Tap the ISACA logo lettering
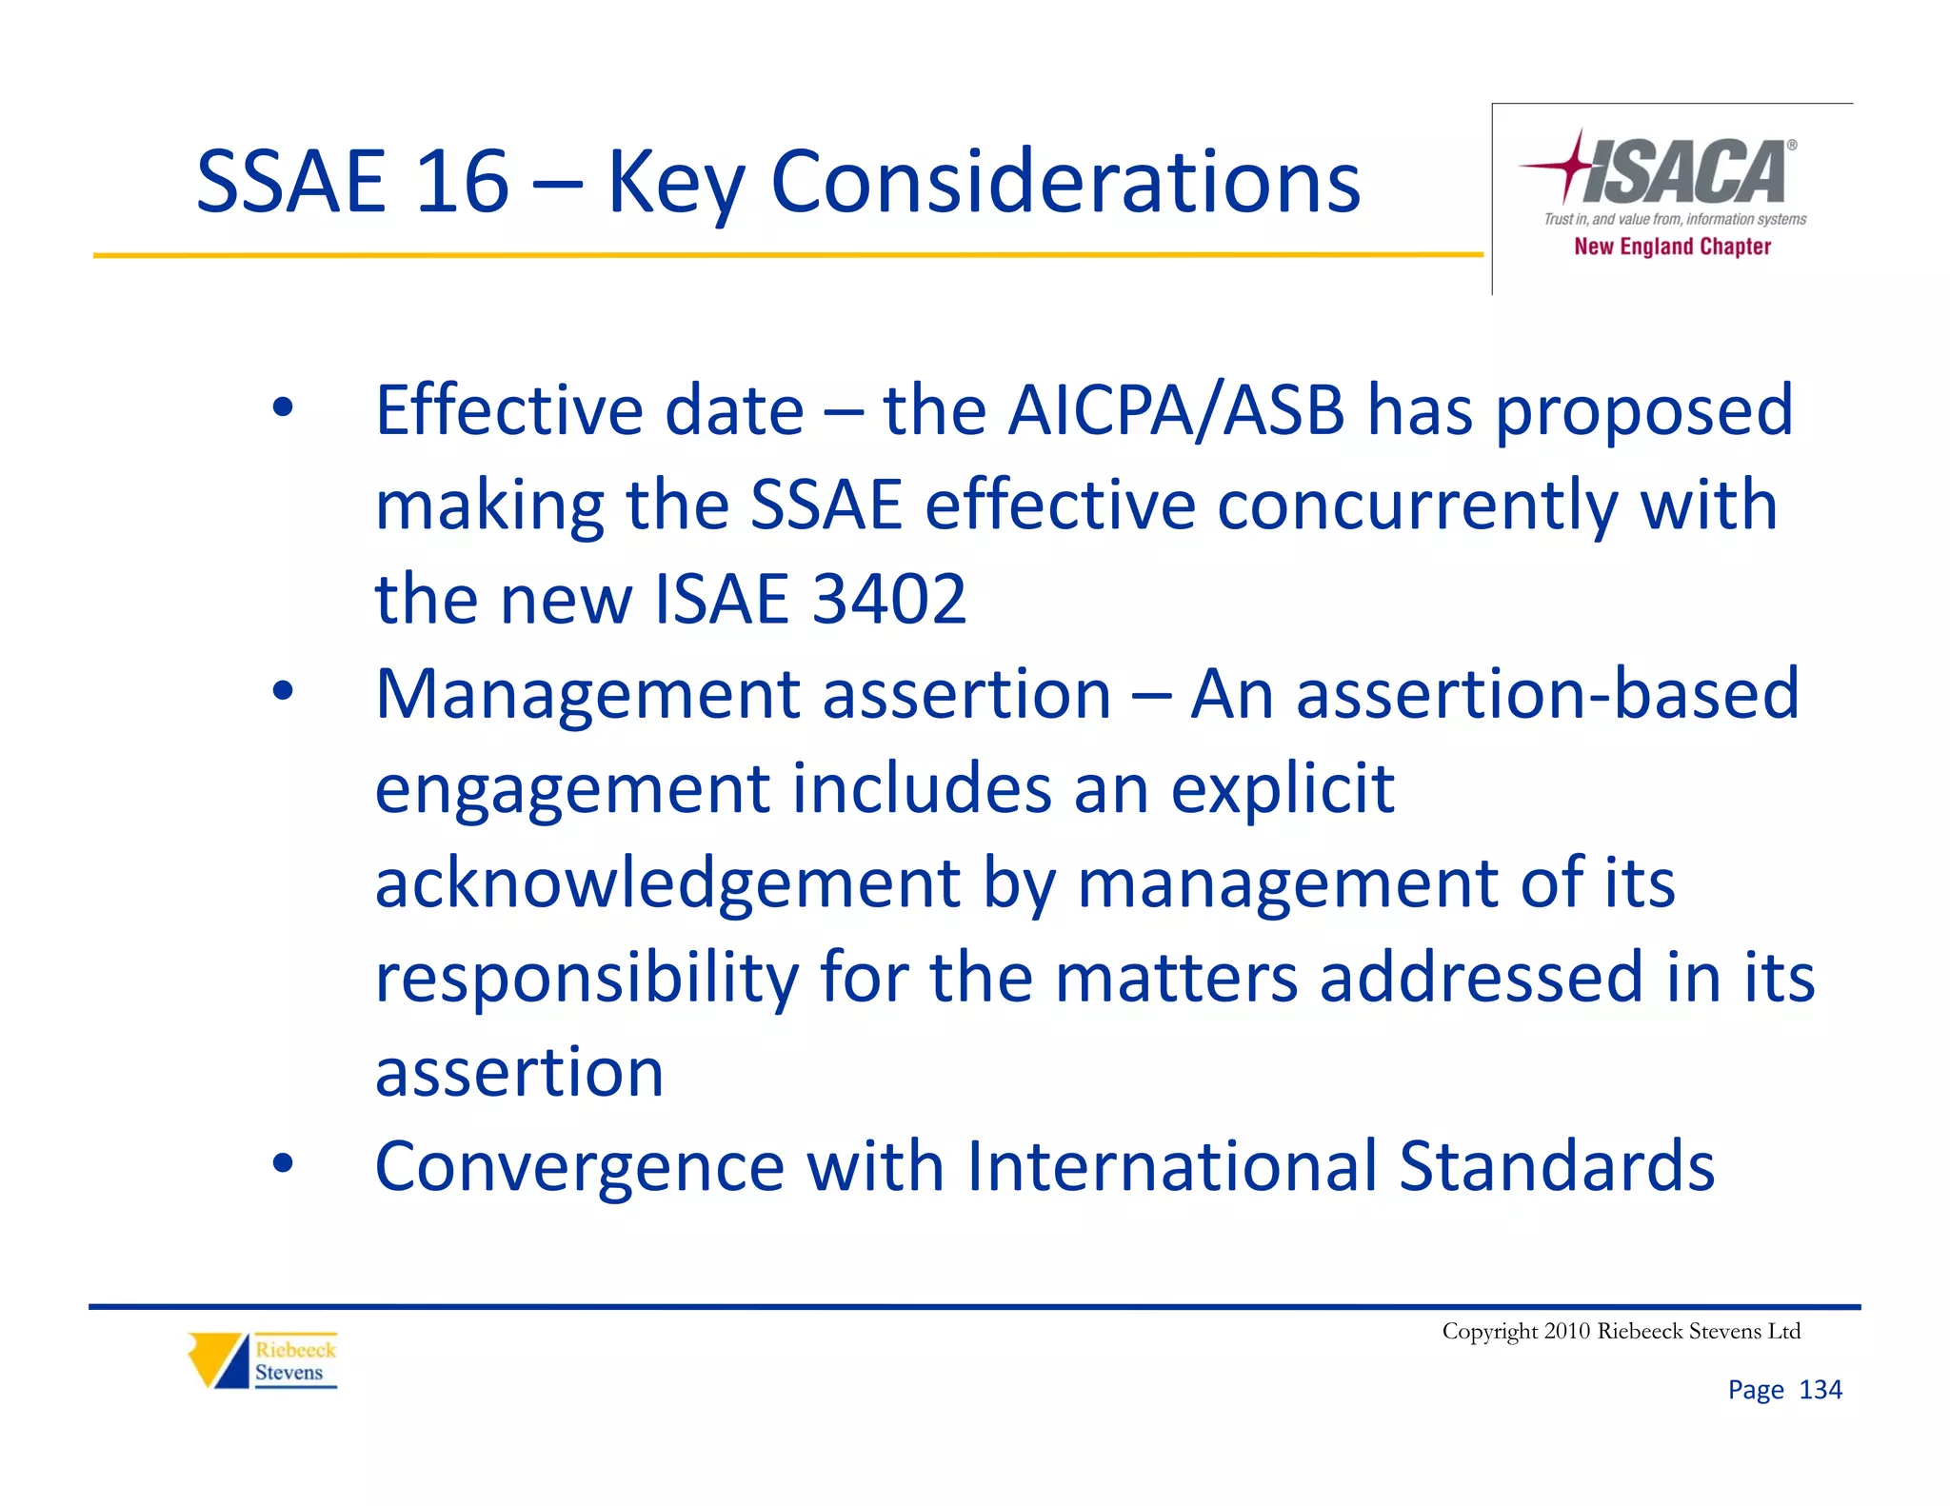tap(1685, 172)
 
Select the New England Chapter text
tap(1672, 247)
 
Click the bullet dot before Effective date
tap(283, 409)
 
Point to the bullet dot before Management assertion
tap(283, 692)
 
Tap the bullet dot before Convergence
tap(283, 1164)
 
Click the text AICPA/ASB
tap(1176, 410)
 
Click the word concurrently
tap(1417, 505)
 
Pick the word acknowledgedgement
tap(667, 882)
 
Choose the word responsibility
tap(587, 977)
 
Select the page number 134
tap(1820, 1390)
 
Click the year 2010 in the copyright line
tap(1566, 1331)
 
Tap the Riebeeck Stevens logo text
tap(294, 1361)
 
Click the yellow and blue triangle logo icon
tap(218, 1360)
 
